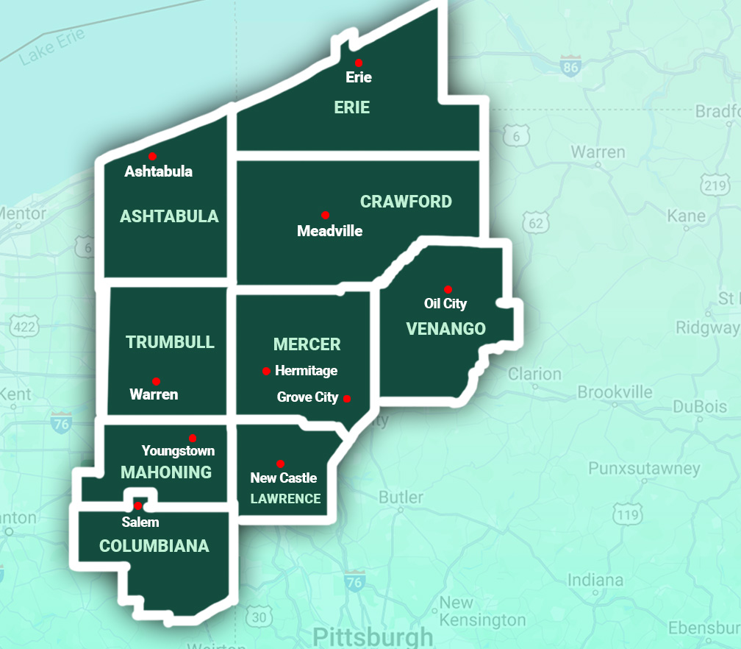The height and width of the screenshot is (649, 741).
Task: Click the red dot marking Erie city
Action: (359, 63)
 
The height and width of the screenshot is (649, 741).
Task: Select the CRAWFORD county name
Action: (406, 202)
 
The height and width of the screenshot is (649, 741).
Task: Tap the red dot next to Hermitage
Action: (266, 371)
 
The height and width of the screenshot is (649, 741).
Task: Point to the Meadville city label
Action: (329, 231)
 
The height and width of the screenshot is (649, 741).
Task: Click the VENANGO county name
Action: (445, 329)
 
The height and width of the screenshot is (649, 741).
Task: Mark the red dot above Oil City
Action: (448, 289)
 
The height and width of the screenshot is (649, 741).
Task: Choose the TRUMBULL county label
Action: (170, 342)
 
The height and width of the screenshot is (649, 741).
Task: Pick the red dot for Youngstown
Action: (193, 438)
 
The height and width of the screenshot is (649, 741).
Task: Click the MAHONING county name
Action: (166, 472)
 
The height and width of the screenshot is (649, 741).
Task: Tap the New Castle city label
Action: (283, 478)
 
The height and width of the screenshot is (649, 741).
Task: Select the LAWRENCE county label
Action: (285, 499)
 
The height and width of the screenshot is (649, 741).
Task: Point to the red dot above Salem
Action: (137, 506)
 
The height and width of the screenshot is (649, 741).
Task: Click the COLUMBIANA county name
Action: (154, 546)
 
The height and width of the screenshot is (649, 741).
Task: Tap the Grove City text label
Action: (307, 397)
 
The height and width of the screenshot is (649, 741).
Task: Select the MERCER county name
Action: (307, 344)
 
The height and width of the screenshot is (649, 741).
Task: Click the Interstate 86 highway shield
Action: (570, 67)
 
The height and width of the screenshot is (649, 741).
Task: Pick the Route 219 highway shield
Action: (715, 185)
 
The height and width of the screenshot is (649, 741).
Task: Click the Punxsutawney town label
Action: (644, 469)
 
